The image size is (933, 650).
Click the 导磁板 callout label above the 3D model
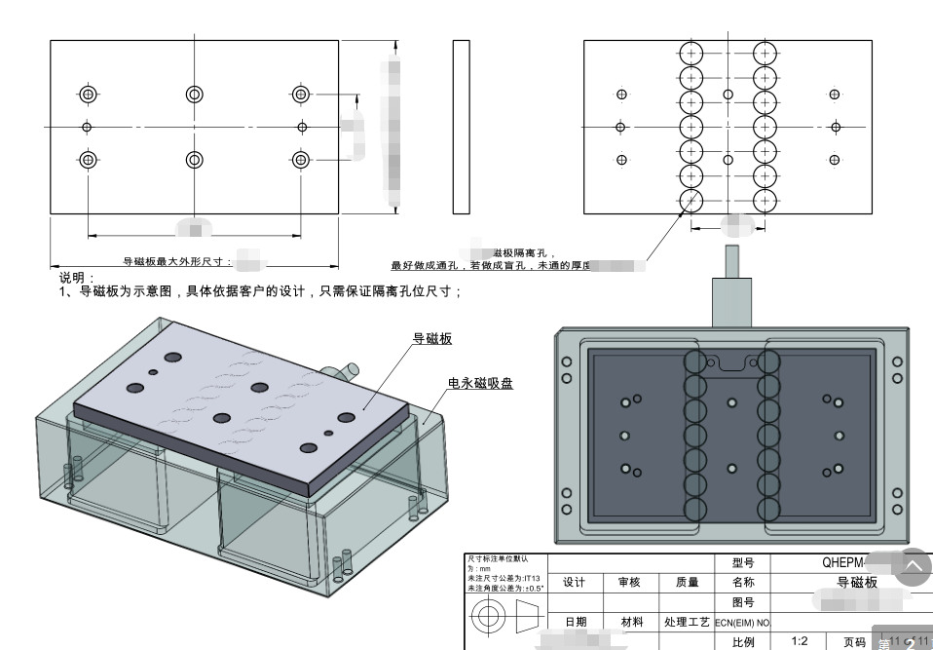(432, 339)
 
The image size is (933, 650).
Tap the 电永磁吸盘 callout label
(480, 383)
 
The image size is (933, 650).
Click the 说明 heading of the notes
(72, 278)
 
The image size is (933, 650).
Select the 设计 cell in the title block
(575, 582)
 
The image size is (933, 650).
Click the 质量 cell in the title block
(687, 582)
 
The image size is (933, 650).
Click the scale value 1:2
(800, 641)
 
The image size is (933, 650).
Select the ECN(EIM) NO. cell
(742, 622)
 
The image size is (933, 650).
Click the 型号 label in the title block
(742, 563)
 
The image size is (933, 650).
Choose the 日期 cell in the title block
(575, 622)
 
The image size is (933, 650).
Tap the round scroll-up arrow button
(912, 566)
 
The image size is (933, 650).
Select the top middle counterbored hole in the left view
(194, 94)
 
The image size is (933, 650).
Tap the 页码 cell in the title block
(854, 642)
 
